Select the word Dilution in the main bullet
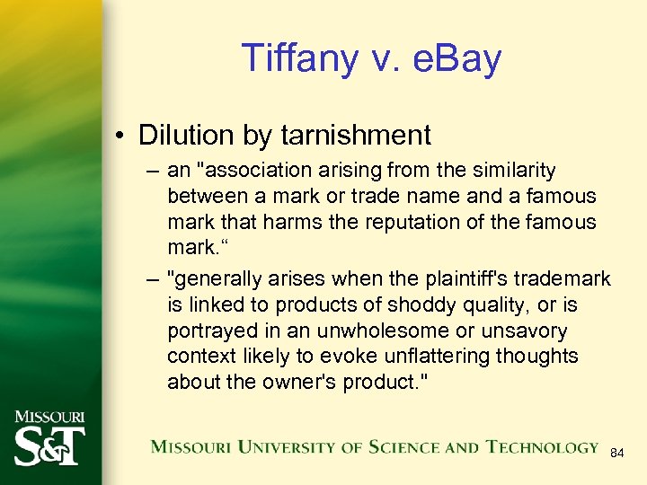[x=183, y=136]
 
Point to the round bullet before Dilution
[x=119, y=137]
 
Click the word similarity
[x=510, y=171]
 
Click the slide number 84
[x=617, y=454]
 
